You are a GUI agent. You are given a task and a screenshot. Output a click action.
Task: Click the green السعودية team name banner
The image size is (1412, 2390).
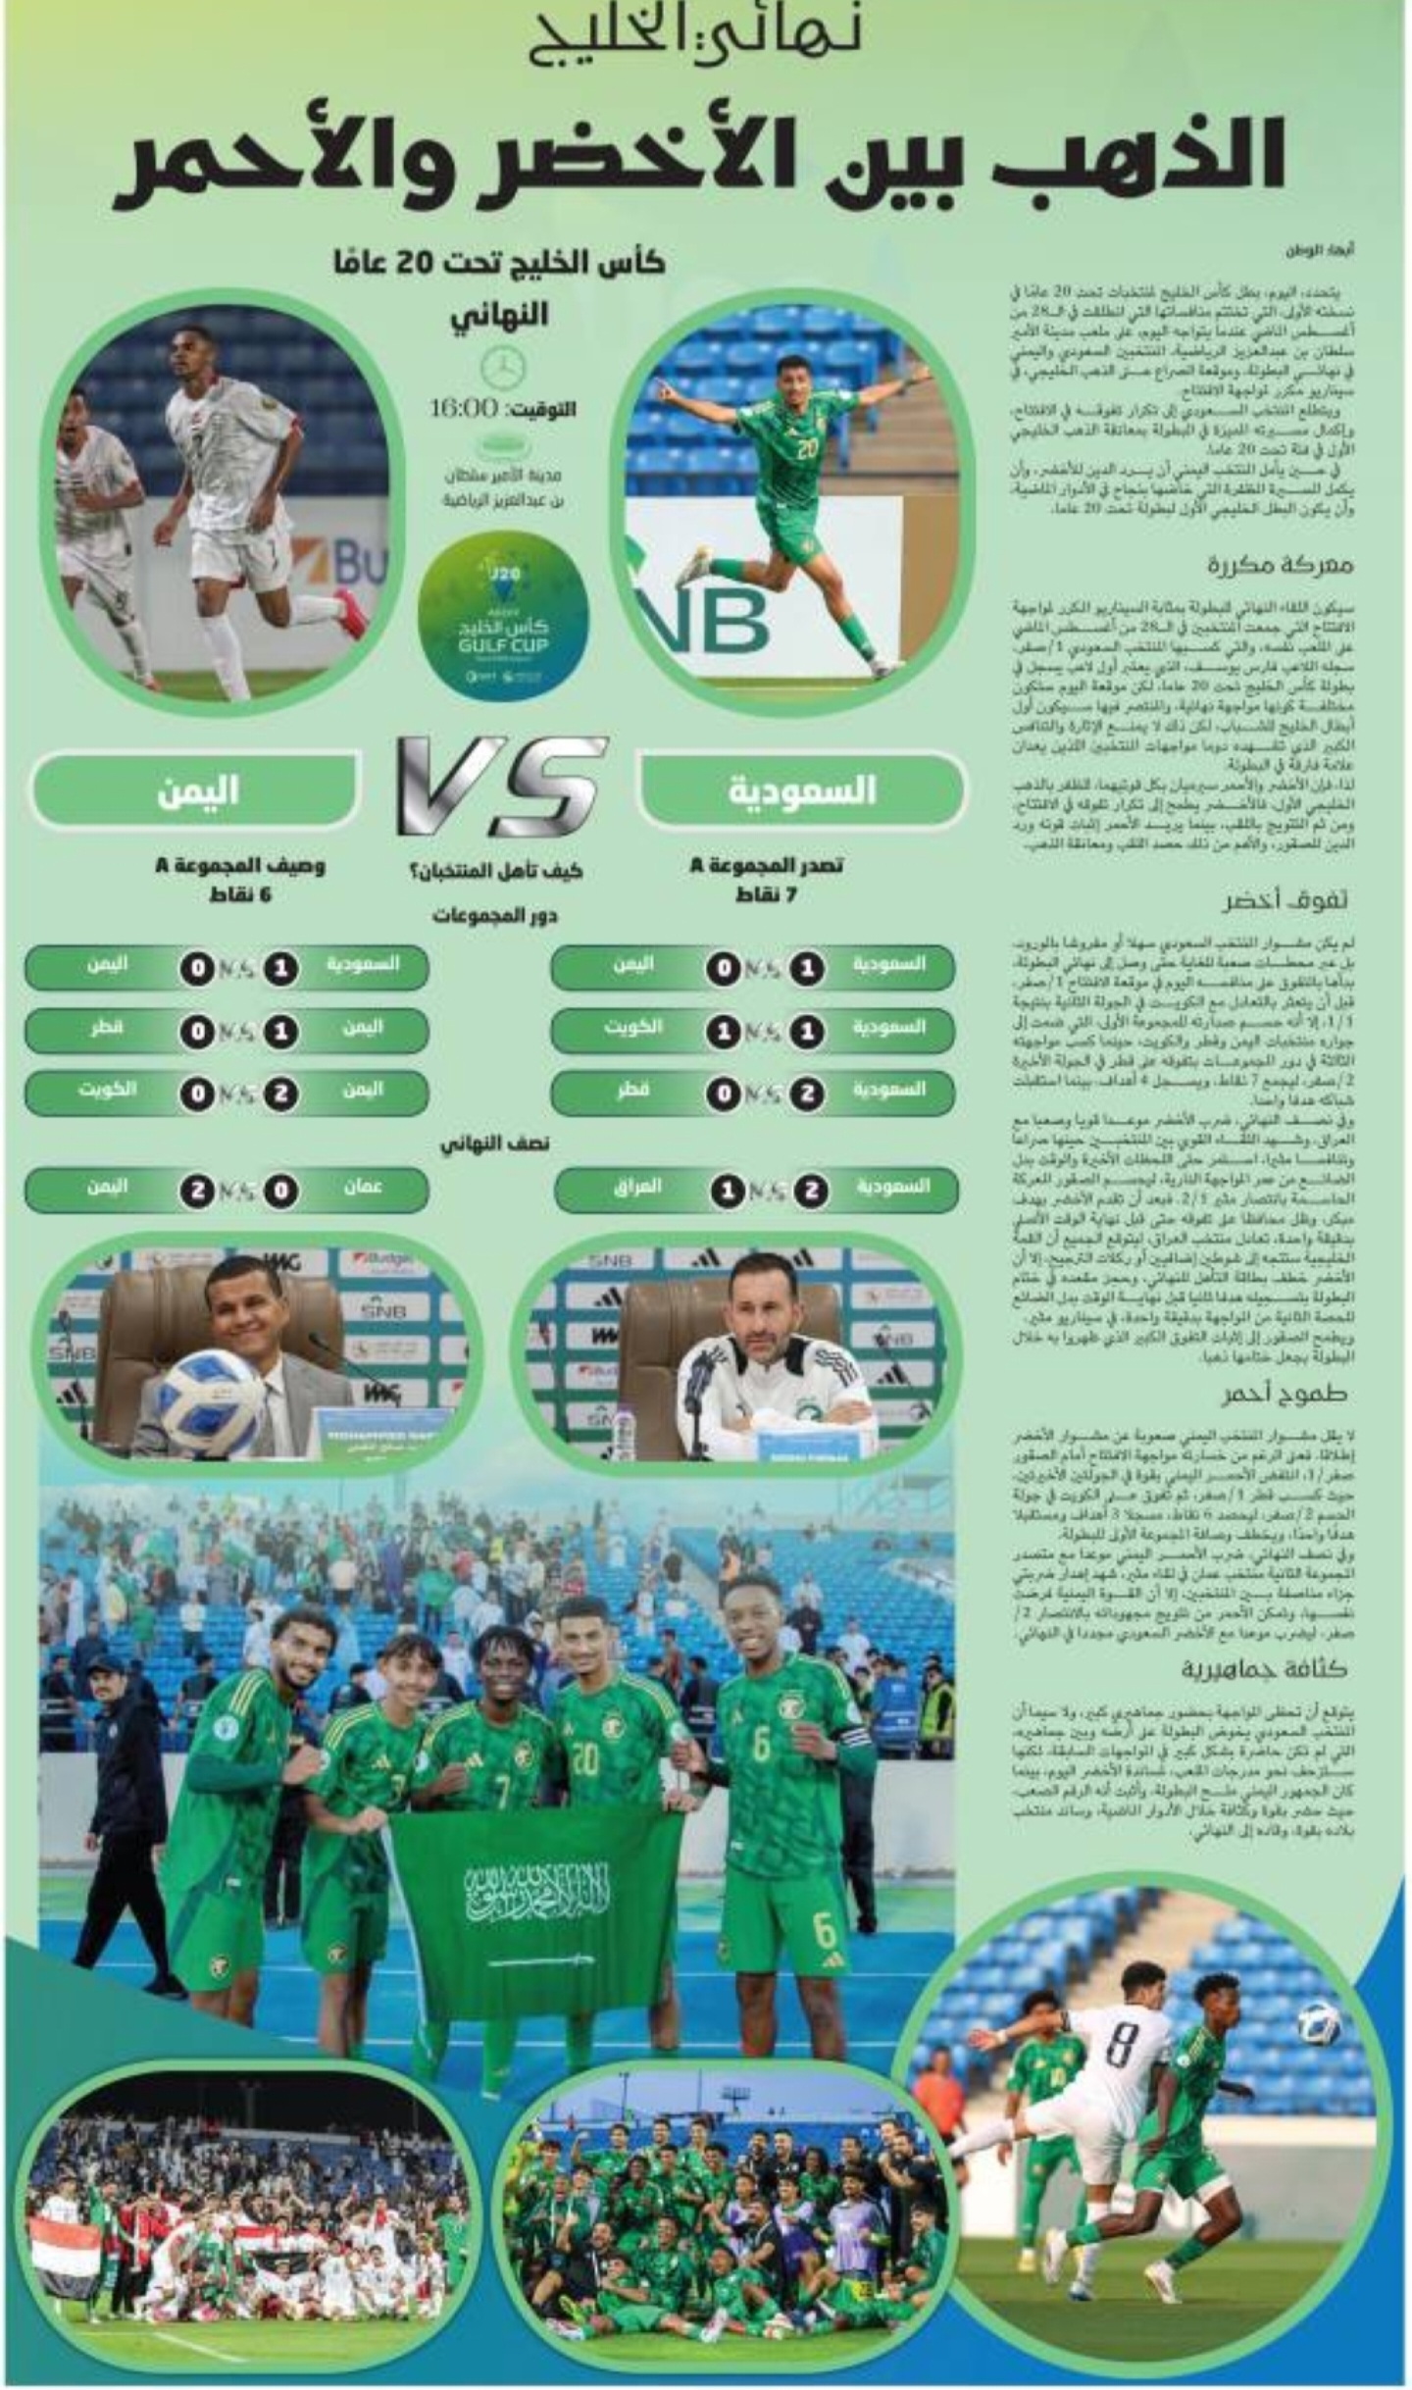(x=800, y=790)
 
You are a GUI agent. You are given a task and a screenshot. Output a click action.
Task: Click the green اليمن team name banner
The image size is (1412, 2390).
(x=196, y=790)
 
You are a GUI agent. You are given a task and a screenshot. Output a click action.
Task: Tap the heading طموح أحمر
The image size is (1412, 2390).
(x=1285, y=1394)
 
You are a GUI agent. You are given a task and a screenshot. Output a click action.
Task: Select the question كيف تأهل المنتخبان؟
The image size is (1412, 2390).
(x=496, y=869)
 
